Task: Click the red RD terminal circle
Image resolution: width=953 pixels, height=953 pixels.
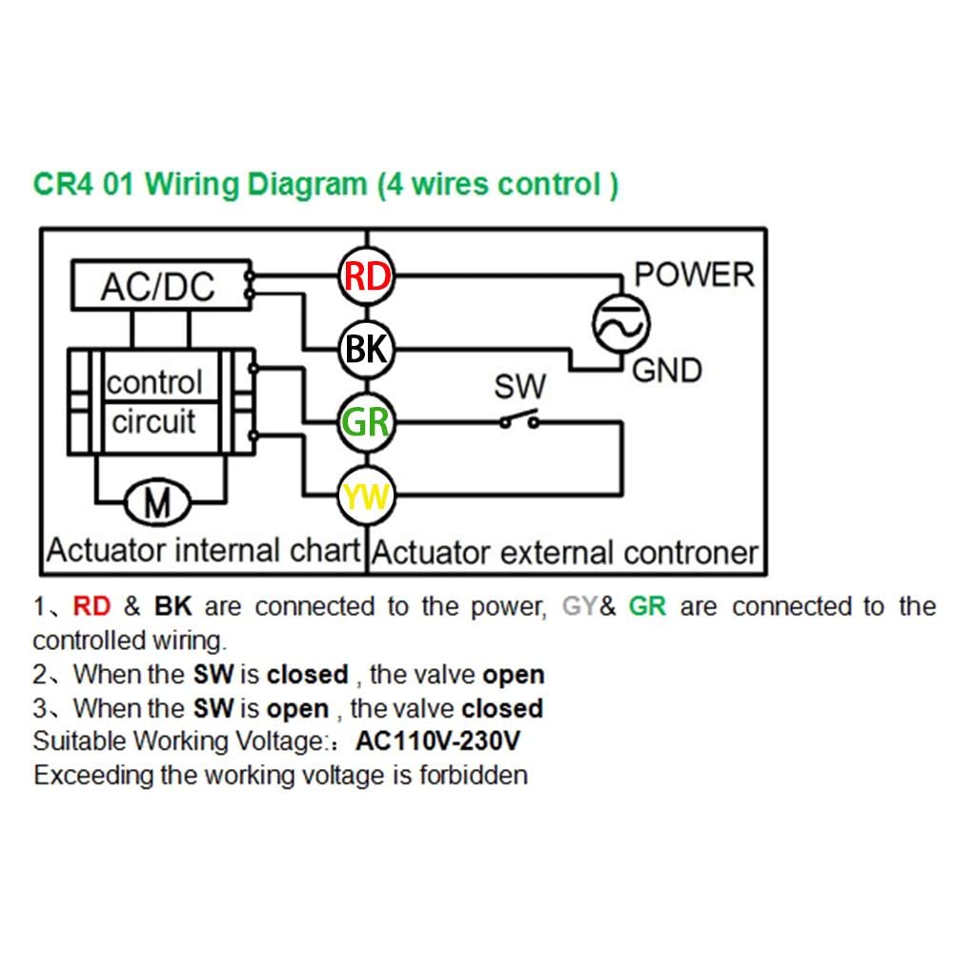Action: (x=367, y=276)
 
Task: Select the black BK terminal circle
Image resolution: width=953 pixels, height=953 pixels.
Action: (x=367, y=350)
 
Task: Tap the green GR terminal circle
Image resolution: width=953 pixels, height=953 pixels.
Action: (x=367, y=422)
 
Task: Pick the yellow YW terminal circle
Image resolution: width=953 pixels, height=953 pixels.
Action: (x=367, y=496)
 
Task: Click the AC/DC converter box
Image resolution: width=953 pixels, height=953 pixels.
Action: (x=161, y=286)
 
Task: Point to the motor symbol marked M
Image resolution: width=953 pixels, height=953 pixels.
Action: (x=157, y=502)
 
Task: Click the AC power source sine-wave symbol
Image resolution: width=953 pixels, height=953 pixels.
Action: (x=621, y=324)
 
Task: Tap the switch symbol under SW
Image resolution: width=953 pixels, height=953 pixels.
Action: (x=519, y=420)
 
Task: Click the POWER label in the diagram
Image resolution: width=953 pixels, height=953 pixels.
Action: (x=694, y=274)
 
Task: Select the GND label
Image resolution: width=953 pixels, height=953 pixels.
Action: (x=667, y=371)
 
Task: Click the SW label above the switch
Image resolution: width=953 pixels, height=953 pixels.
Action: (x=520, y=387)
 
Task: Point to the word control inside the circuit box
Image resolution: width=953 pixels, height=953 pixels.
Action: (x=154, y=382)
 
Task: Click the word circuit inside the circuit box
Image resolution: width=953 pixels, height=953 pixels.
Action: (x=153, y=422)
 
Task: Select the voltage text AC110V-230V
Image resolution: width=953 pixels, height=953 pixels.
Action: (x=438, y=740)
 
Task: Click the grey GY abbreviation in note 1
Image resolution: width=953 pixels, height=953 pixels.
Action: (x=580, y=606)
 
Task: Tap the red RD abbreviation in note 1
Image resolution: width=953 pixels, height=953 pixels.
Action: (x=91, y=606)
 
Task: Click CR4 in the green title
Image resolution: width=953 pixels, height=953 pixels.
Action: (x=63, y=184)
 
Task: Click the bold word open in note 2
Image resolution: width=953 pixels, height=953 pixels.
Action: (x=514, y=676)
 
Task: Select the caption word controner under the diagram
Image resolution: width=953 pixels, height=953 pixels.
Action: (x=690, y=553)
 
